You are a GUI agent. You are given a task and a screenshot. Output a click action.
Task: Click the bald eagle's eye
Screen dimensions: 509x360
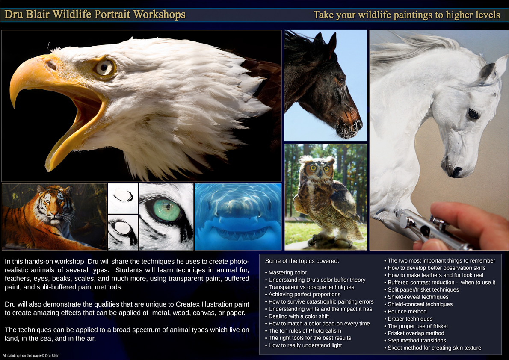pos(104,68)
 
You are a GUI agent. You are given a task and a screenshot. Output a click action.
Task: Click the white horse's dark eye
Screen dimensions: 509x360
pos(473,114)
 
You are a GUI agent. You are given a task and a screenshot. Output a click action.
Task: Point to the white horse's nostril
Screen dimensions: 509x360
pos(457,171)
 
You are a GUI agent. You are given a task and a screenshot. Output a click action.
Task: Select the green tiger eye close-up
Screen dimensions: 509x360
pos(166,216)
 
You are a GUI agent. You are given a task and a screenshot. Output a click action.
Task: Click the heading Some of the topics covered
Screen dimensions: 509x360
pos(302,261)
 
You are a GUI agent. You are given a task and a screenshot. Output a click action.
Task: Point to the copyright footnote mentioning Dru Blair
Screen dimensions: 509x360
pos(31,356)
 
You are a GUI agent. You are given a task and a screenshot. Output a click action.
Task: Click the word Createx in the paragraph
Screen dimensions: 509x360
pos(188,304)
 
